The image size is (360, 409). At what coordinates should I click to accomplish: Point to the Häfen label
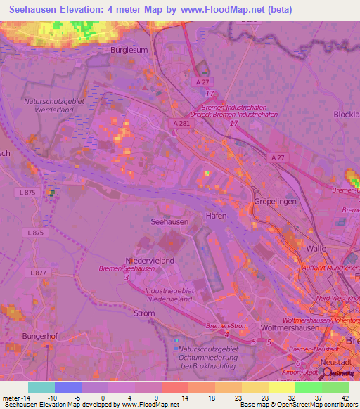[216, 216]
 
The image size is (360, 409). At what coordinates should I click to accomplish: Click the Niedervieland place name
[149, 261]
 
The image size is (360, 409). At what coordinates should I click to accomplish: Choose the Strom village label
[143, 313]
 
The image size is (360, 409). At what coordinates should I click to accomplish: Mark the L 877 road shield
[37, 272]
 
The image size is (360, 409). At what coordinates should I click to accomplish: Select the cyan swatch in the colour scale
[41, 387]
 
